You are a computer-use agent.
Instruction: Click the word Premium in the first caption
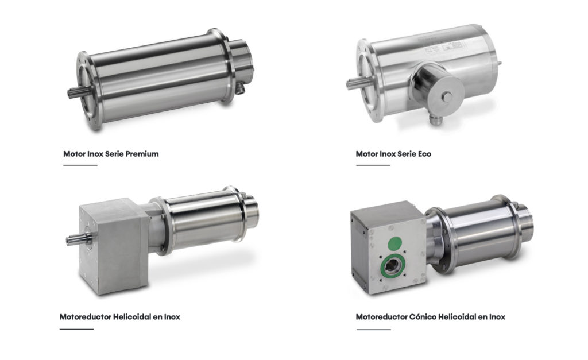pos(142,154)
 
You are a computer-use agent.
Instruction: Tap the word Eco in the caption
pos(424,154)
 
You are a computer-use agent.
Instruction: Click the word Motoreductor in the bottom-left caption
pos(85,317)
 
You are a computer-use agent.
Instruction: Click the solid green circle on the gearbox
pos(394,243)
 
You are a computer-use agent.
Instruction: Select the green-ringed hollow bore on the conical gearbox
pos(392,267)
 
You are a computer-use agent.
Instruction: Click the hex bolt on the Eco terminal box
pos(447,97)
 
